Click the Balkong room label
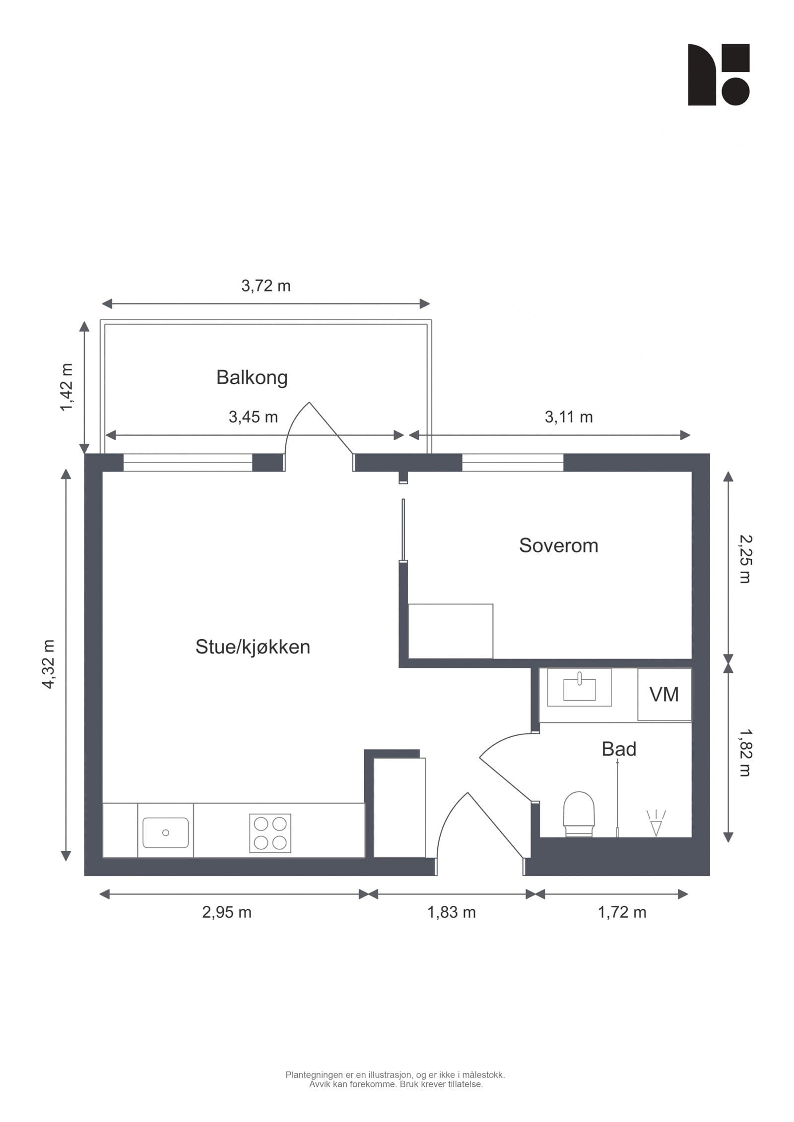[x=252, y=377]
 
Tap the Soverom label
[x=558, y=545]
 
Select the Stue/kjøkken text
[x=252, y=647]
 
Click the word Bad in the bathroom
[x=618, y=749]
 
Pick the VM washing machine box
[x=664, y=694]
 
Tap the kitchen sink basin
[x=165, y=832]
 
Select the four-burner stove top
[x=270, y=833]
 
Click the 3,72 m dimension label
[x=265, y=286]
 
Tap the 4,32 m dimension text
[x=49, y=664]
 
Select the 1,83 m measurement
[x=451, y=912]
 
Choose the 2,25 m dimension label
[x=744, y=559]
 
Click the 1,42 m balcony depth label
[x=66, y=387]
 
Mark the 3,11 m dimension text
[x=569, y=417]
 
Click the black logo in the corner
[x=718, y=75]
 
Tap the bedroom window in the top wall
[x=512, y=463]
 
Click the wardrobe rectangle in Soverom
[x=450, y=631]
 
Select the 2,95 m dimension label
[x=226, y=912]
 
